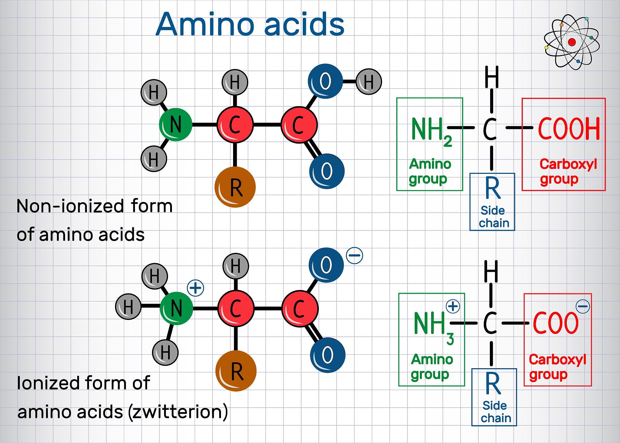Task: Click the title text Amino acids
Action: click(x=250, y=24)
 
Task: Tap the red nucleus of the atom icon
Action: click(x=572, y=42)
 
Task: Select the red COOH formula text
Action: click(x=569, y=129)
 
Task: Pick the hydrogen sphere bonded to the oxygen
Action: click(x=369, y=82)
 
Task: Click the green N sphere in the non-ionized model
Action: click(x=176, y=124)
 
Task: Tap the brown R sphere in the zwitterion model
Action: click(x=236, y=371)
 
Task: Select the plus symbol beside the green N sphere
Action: click(x=196, y=288)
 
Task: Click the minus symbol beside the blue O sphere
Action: click(x=355, y=256)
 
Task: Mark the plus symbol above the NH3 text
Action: click(x=453, y=306)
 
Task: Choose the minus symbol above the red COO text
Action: click(x=583, y=306)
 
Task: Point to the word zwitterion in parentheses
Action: click(x=178, y=412)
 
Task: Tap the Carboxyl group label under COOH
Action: click(x=568, y=171)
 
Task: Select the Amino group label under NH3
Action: click(x=432, y=367)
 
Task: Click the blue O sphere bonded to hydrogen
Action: click(x=325, y=81)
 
